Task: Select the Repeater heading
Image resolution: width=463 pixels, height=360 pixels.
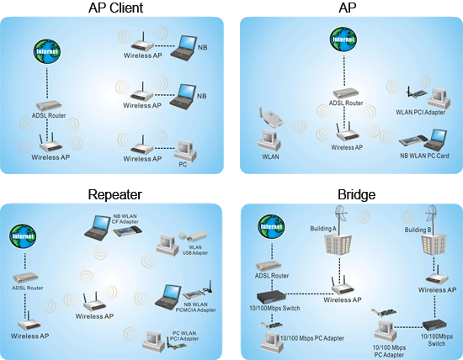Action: pos(114,194)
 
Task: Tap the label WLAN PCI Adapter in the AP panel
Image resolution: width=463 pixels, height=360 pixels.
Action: pos(421,111)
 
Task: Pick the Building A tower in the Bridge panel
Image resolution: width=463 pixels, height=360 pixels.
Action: pos(334,244)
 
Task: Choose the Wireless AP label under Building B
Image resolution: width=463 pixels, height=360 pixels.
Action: pos(437,290)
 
